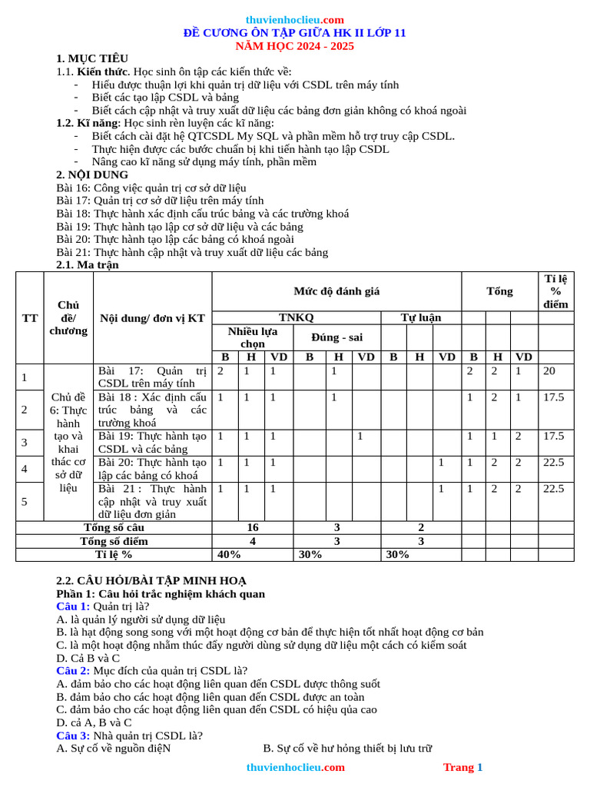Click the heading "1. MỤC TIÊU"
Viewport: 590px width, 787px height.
(x=92, y=58)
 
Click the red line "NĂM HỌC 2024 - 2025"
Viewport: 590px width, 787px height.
(x=294, y=46)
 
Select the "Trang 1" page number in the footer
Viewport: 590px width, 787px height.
(x=462, y=767)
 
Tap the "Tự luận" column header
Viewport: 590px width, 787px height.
(x=420, y=317)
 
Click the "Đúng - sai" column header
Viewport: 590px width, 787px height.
(x=336, y=337)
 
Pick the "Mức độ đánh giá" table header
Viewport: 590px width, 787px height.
(x=336, y=291)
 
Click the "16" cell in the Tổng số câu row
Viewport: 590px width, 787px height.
(x=252, y=528)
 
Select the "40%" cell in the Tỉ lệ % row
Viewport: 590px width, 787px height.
(x=229, y=554)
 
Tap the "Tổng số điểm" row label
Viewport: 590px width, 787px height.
(x=114, y=541)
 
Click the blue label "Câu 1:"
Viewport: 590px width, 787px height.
(x=73, y=606)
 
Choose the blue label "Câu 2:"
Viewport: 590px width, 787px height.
(x=73, y=671)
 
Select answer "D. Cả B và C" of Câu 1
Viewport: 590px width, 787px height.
(x=88, y=658)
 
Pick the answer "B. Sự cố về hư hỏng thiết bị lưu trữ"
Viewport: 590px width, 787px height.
(x=347, y=748)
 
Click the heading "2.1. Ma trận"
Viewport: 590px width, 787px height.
(x=88, y=265)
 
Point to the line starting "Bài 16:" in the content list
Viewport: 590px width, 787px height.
(x=151, y=188)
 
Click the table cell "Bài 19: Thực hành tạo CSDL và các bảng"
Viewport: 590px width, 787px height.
(x=152, y=442)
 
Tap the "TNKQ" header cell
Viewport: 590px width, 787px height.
(x=296, y=317)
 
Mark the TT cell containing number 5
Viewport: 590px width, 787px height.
(x=25, y=501)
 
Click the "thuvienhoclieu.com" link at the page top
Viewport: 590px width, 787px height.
(x=294, y=20)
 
